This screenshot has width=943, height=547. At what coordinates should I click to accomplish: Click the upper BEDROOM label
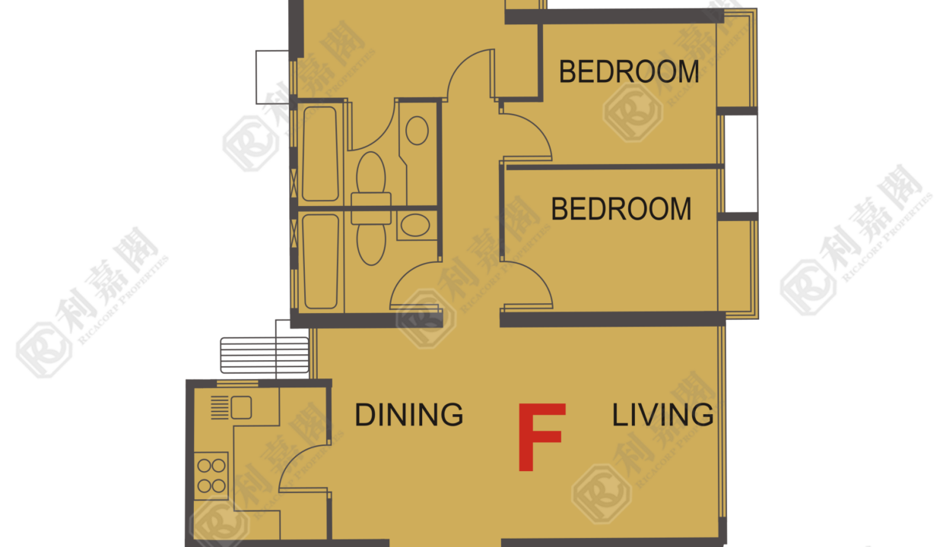[629, 72]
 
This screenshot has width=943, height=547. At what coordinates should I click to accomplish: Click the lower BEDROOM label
[621, 209]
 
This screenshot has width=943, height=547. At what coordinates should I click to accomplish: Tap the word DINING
[409, 415]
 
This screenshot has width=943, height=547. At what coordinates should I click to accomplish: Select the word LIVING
[662, 415]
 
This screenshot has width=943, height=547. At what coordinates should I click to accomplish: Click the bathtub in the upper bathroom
[320, 154]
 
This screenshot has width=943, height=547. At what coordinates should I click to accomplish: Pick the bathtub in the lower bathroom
[320, 261]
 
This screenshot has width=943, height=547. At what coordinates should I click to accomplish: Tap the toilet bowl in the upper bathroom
[371, 176]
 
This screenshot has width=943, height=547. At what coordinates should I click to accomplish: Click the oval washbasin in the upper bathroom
[418, 131]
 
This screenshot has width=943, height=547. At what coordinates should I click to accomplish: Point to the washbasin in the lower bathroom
[415, 226]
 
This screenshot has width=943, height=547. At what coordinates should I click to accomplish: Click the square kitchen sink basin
[241, 407]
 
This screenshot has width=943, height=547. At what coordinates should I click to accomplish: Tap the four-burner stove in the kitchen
[211, 476]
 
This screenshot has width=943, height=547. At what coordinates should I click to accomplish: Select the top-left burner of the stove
[204, 466]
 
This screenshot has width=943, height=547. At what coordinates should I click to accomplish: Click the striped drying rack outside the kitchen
[265, 356]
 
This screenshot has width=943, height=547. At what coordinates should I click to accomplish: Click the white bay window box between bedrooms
[741, 163]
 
